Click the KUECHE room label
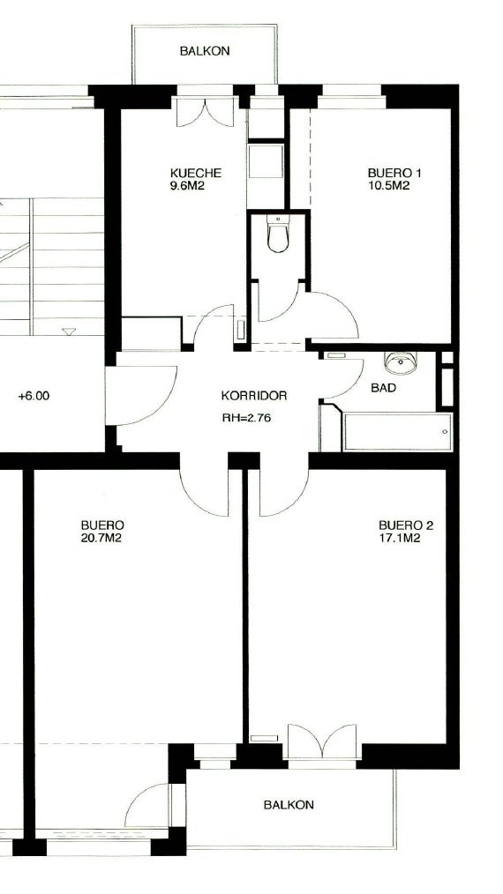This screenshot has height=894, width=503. click(195, 173)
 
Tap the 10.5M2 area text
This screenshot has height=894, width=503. click(389, 185)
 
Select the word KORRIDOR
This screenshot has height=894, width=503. click(254, 396)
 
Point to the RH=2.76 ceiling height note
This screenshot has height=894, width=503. click(247, 417)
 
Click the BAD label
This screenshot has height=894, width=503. click(384, 388)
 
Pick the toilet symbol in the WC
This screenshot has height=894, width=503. click(278, 235)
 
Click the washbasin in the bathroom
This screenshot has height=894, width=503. click(401, 362)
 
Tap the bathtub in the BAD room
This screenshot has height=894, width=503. click(398, 432)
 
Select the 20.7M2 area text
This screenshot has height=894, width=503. click(101, 538)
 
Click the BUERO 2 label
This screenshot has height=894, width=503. click(406, 525)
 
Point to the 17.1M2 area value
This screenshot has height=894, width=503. click(400, 538)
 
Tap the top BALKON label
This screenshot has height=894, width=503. click(205, 51)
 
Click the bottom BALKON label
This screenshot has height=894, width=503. click(289, 805)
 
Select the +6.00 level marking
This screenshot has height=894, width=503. click(34, 396)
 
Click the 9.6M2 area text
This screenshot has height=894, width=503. click(187, 185)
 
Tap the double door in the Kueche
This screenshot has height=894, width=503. click(206, 112)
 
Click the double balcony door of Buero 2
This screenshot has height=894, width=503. click(323, 741)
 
